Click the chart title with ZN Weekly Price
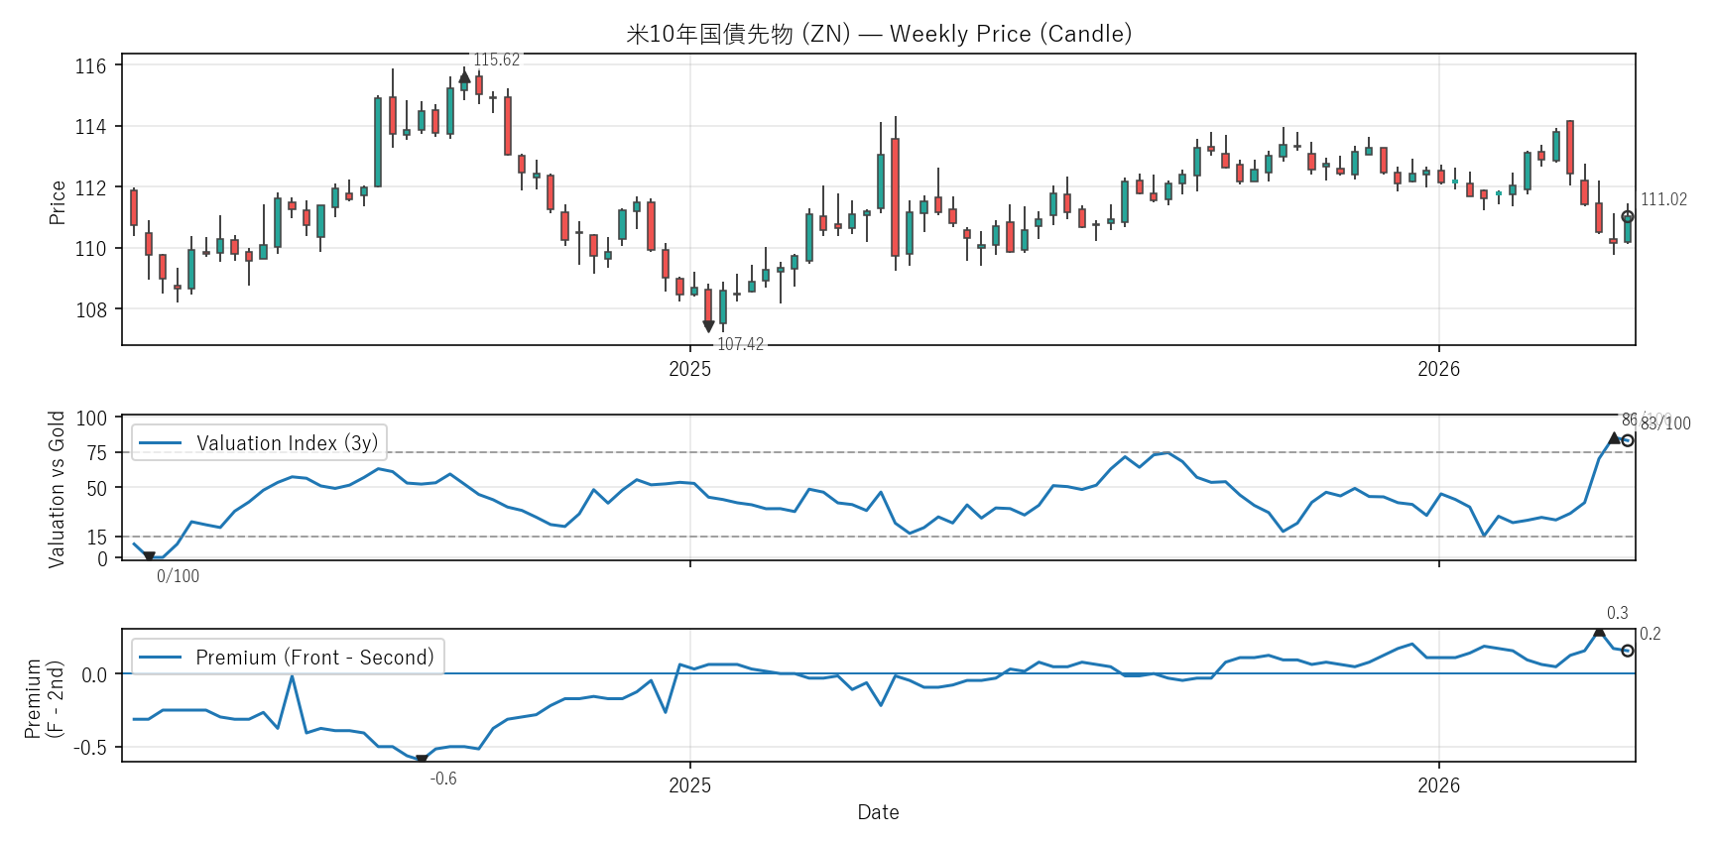pyautogui.click(x=878, y=34)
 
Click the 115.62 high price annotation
pyautogui.click(x=496, y=60)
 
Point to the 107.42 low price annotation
pyautogui.click(x=740, y=344)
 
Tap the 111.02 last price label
pyautogui.click(x=1663, y=199)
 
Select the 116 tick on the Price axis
pyautogui.click(x=91, y=66)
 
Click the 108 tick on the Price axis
pyautogui.click(x=91, y=310)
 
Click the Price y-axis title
pyautogui.click(x=58, y=202)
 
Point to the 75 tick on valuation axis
pyautogui.click(x=97, y=453)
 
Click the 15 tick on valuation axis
pyautogui.click(x=97, y=538)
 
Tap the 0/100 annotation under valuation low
pyautogui.click(x=178, y=576)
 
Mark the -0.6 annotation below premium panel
pyautogui.click(x=443, y=779)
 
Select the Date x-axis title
pyautogui.click(x=878, y=812)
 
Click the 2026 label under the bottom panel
pyautogui.click(x=1438, y=785)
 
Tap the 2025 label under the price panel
pyautogui.click(x=689, y=369)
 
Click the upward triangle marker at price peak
pyautogui.click(x=464, y=76)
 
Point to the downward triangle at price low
pyautogui.click(x=708, y=326)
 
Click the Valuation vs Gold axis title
pyautogui.click(x=57, y=489)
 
